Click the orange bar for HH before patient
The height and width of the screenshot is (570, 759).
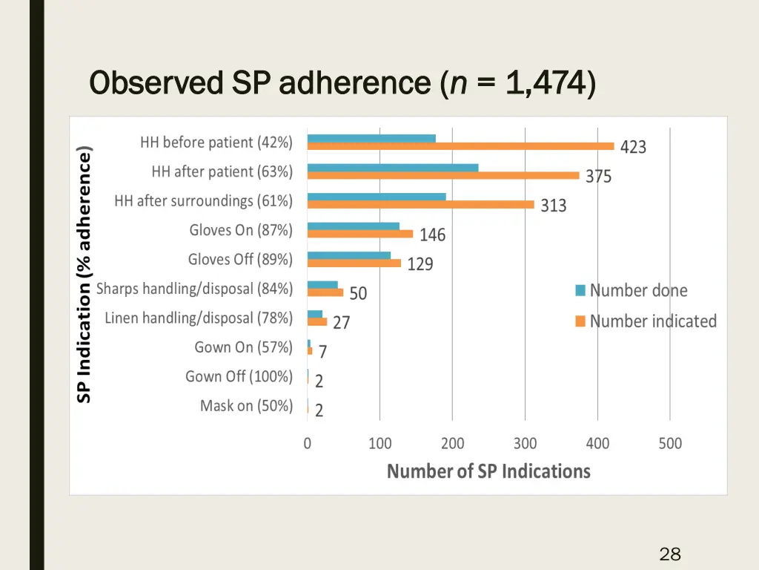[460, 146]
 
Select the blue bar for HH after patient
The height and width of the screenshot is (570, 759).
[393, 168]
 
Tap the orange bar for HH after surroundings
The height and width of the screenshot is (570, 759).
[420, 205]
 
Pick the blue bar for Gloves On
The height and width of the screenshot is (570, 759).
[353, 226]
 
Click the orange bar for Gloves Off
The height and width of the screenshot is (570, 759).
[354, 263]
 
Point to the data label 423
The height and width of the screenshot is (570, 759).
[633, 148]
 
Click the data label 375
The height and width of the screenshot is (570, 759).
[598, 177]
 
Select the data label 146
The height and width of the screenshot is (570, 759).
[432, 235]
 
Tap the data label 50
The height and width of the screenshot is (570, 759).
[358, 294]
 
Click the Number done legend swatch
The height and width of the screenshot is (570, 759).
[580, 290]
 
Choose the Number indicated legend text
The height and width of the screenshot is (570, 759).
[653, 321]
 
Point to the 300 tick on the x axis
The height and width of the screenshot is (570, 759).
[525, 444]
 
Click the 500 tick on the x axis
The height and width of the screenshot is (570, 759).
[670, 444]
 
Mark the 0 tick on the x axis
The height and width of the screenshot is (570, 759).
[308, 444]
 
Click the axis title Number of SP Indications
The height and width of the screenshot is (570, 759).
[488, 471]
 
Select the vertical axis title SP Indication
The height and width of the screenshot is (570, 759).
[84, 275]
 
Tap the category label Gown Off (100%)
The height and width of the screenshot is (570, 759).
[239, 377]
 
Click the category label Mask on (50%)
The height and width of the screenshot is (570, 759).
[246, 406]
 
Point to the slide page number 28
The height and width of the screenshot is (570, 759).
[669, 554]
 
